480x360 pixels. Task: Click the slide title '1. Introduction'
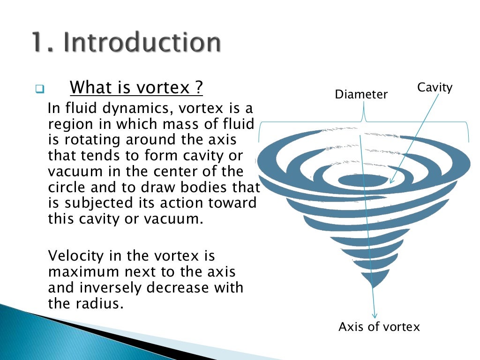126,43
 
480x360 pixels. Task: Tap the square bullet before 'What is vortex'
39,89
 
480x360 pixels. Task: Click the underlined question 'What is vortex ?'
136,87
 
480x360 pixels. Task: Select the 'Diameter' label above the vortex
361,95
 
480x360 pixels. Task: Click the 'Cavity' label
435,87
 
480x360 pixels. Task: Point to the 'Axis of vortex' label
379,327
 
